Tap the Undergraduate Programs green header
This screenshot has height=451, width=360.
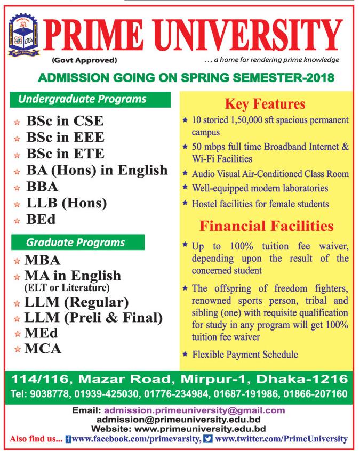[90, 100]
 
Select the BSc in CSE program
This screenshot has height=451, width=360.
[65, 121]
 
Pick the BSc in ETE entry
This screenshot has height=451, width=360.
[65, 154]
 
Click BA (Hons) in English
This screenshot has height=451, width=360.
[97, 170]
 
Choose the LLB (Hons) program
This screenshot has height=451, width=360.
[67, 203]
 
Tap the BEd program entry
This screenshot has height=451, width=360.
[41, 220]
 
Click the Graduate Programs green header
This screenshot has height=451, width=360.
[78, 243]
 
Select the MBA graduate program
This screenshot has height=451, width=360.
[42, 260]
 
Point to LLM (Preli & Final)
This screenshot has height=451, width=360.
[93, 318]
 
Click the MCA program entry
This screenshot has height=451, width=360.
[43, 349]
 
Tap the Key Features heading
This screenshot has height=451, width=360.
[265, 104]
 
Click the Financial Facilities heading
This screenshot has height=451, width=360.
[267, 226]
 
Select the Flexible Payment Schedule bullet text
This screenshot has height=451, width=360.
[245, 355]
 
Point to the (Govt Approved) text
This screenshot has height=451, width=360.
[84, 60]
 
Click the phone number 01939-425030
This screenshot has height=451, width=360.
[107, 394]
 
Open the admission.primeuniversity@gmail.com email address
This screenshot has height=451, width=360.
[195, 410]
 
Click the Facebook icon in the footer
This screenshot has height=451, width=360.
[68, 439]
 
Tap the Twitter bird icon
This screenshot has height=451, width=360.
[208, 439]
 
